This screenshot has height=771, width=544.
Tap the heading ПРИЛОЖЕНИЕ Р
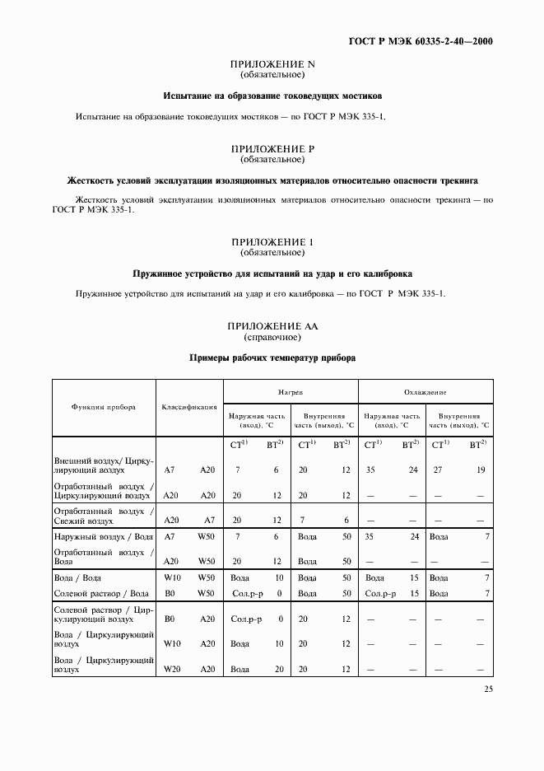272,149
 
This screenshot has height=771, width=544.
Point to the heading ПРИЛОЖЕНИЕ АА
272,327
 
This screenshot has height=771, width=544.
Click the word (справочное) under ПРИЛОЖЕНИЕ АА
272,338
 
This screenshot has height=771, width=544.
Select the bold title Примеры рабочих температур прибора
272,358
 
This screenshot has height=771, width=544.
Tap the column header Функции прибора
104,407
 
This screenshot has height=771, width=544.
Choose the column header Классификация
189,407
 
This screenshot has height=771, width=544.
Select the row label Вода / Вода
78,578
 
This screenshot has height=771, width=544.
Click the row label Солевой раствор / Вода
100,593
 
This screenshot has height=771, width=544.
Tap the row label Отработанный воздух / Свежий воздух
104,516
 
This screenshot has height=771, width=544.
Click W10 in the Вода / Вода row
171,578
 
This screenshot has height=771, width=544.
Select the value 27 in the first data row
438,470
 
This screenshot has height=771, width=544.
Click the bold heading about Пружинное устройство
272,273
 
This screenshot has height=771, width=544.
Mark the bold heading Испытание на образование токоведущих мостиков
272,96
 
